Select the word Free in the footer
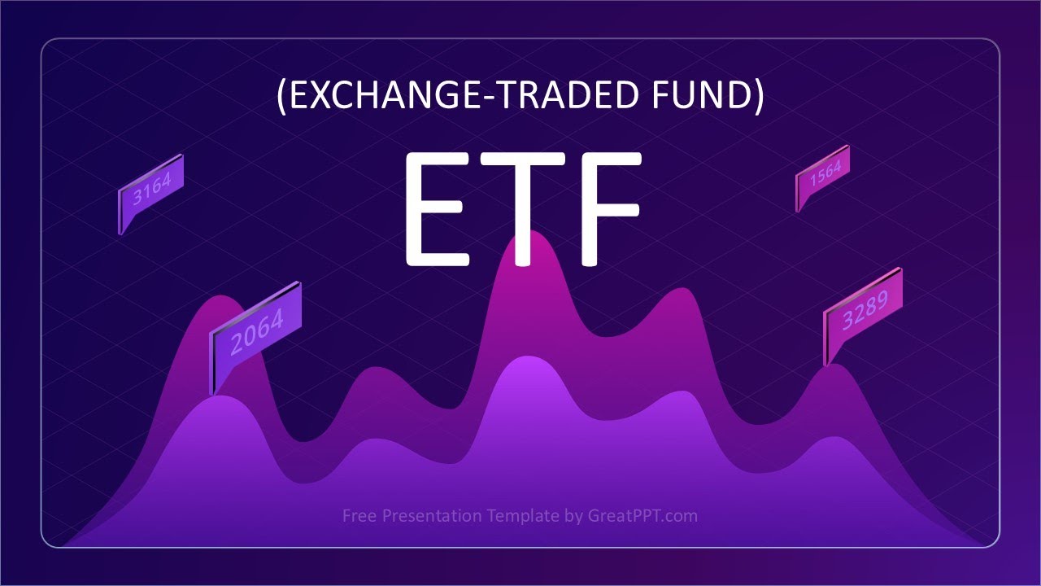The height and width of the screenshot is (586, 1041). pyautogui.click(x=359, y=515)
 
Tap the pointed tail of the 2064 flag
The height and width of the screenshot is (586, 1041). pyautogui.click(x=213, y=391)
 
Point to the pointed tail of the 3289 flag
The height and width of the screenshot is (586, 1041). pyautogui.click(x=828, y=365)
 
